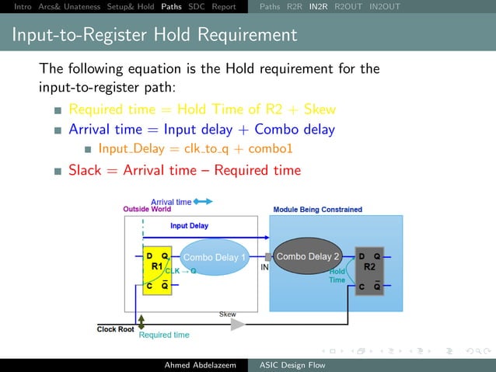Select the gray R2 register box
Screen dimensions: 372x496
369,271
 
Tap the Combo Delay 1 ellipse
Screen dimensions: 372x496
215,258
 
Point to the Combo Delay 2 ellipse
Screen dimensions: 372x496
309,257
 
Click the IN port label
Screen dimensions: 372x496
264,267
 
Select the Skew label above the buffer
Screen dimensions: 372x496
227,315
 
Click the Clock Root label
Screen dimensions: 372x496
115,329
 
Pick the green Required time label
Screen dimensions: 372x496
164,335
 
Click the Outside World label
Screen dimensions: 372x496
147,209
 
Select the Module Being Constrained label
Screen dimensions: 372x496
317,210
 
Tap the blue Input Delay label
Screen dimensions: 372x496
189,226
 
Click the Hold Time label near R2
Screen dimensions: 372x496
337,276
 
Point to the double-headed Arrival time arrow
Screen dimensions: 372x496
203,201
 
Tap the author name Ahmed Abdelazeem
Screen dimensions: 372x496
200,365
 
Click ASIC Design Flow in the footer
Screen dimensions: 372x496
292,365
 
